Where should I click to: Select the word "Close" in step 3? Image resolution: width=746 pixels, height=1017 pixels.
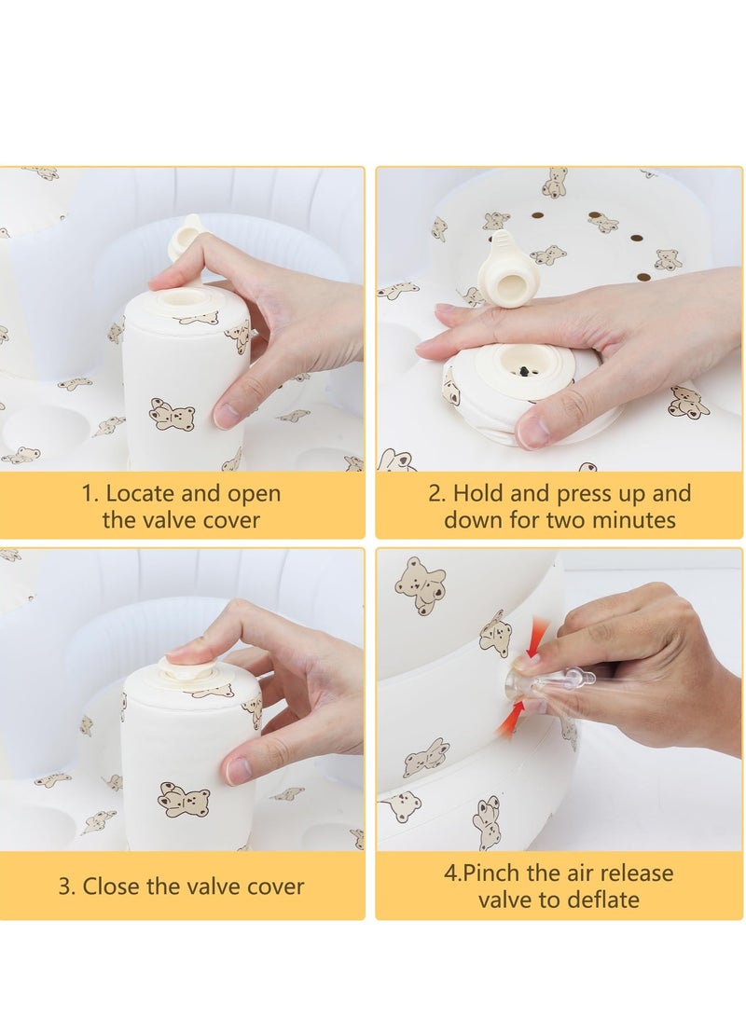tap(112, 886)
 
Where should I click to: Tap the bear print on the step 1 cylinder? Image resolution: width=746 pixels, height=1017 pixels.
tap(172, 414)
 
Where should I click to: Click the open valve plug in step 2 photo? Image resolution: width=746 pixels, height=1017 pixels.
tap(505, 266)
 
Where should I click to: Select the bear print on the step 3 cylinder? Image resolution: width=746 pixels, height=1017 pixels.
tap(185, 802)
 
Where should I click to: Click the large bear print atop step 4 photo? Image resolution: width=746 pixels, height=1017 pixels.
tap(421, 585)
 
